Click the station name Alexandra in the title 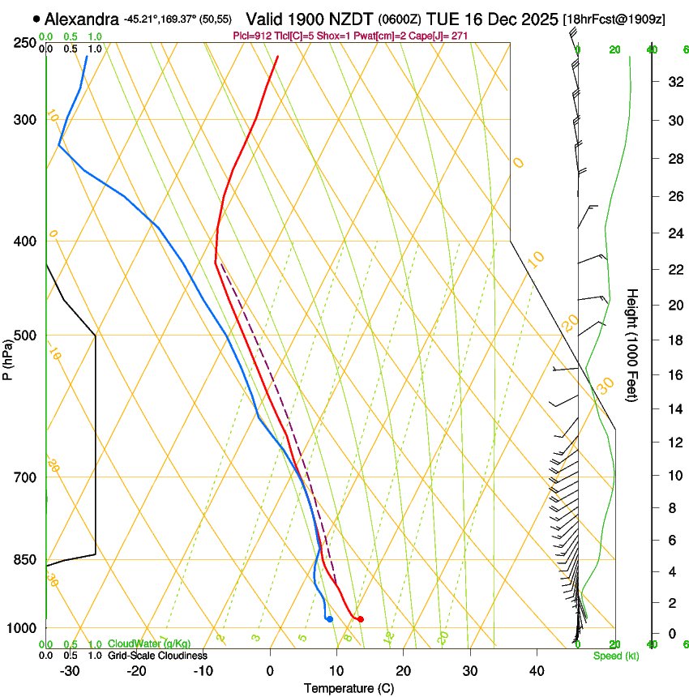[x=82, y=18]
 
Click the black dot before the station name [x=36, y=18]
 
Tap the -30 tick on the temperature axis [x=70, y=671]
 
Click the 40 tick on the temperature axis [x=537, y=671]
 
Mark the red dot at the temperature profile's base [x=361, y=619]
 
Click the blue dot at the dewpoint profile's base [x=329, y=619]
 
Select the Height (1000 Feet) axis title [x=632, y=344]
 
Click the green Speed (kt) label [x=616, y=656]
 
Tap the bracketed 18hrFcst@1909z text [x=614, y=19]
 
